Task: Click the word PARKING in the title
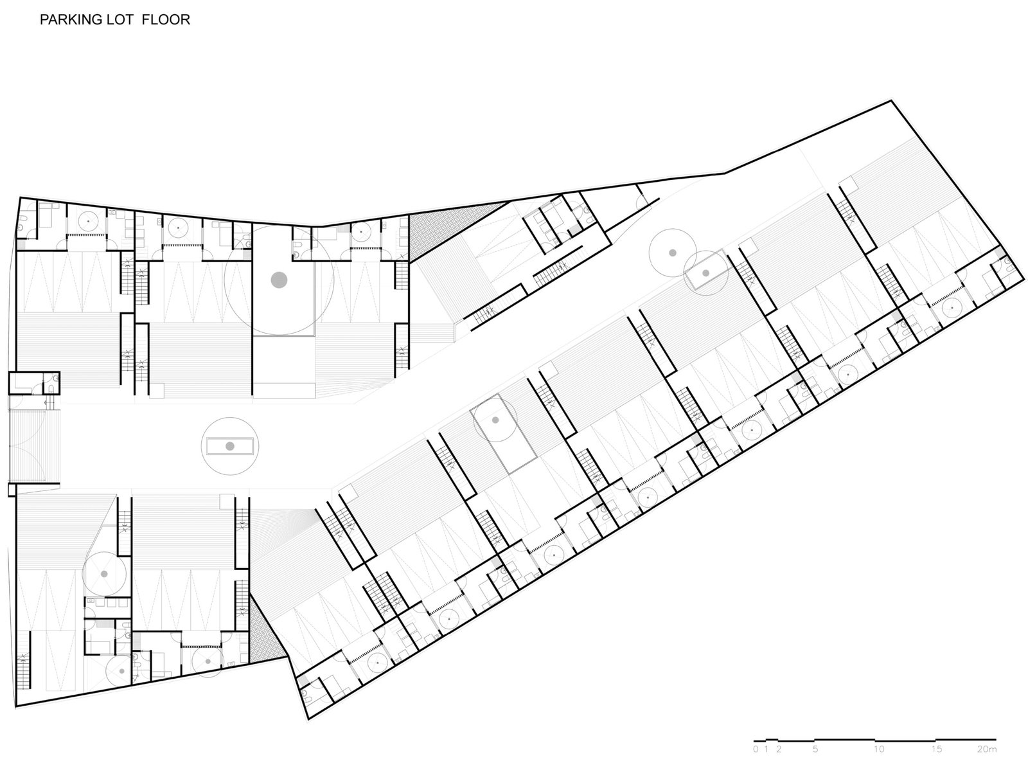click(x=70, y=20)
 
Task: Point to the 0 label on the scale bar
click(x=756, y=749)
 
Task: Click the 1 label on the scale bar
click(x=767, y=749)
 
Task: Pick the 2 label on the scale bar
click(x=778, y=749)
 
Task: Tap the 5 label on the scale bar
click(x=815, y=749)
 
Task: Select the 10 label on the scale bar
click(x=879, y=749)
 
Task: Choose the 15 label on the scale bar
click(x=936, y=749)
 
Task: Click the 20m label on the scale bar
click(x=987, y=749)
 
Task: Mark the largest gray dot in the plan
click(x=279, y=280)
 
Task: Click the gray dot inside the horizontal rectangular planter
click(x=230, y=446)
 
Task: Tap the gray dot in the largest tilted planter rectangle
click(x=495, y=420)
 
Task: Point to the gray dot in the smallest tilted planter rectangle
click(x=705, y=273)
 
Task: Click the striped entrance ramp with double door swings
click(x=35, y=445)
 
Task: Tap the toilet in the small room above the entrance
click(x=51, y=388)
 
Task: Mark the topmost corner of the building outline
click(x=891, y=100)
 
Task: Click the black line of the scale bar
click(x=875, y=740)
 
